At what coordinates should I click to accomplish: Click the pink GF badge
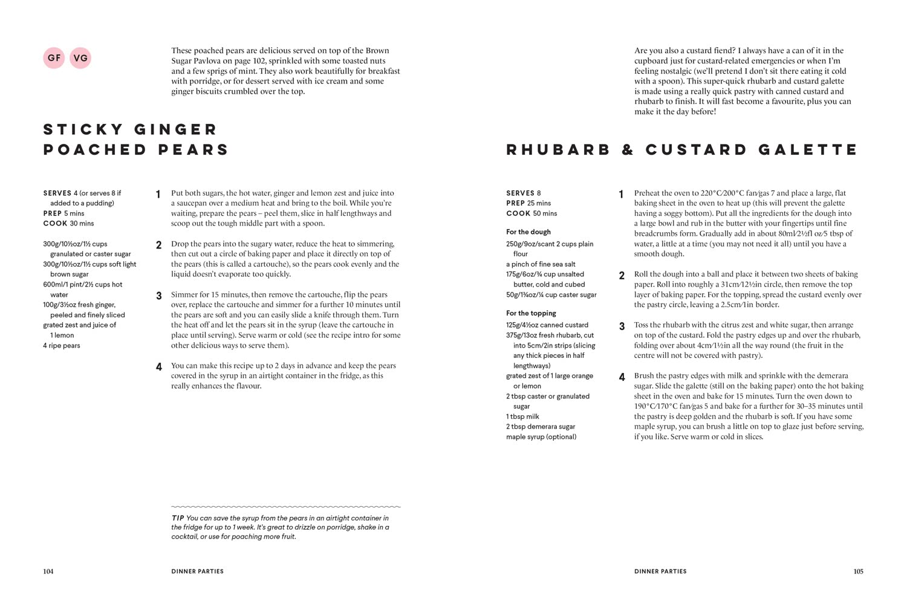pos(54,58)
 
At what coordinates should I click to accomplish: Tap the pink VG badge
pos(80,58)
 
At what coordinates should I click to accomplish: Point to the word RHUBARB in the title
pos(558,150)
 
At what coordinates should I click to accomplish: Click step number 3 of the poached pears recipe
pos(159,296)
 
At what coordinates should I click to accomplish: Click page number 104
pos(48,571)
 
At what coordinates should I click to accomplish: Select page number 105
pos(858,571)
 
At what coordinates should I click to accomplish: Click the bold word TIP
pos(178,518)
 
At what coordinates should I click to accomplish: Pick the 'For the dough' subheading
pos(528,232)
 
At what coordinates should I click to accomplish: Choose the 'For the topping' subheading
pos(531,313)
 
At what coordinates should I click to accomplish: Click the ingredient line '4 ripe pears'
pos(62,346)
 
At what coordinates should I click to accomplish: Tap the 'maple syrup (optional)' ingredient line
pos(541,437)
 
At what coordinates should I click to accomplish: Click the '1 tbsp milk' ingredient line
pos(522,417)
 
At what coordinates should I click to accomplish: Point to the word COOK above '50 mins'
pos(518,213)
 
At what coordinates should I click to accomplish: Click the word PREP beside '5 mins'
pos(53,213)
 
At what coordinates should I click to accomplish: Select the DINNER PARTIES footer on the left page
pos(197,571)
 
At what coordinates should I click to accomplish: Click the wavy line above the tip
pos(285,507)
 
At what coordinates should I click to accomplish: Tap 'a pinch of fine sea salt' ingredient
pos(541,264)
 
